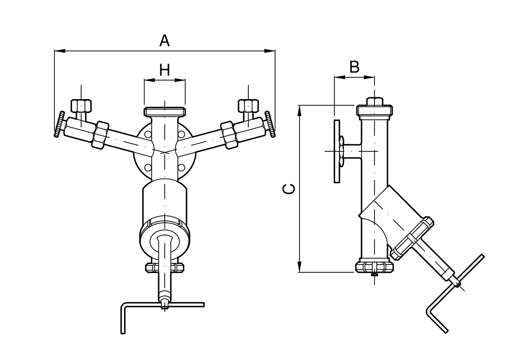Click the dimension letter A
(x=164, y=41)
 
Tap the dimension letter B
(x=354, y=67)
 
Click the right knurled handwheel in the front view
(x=270, y=125)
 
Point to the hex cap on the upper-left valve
(x=80, y=105)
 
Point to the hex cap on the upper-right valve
(x=248, y=105)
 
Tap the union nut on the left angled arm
(x=102, y=134)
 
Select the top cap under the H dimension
(x=164, y=111)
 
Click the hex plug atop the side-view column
(x=374, y=101)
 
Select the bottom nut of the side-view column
(x=374, y=267)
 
